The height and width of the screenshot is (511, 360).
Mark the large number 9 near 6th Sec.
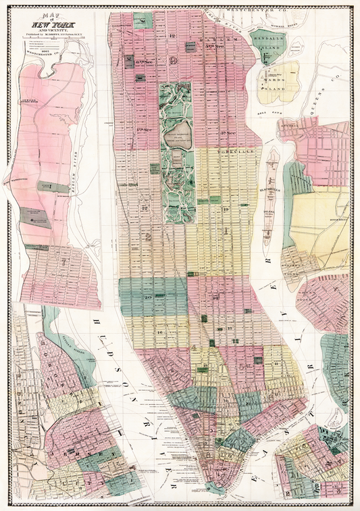pyautogui.click(x=174, y=60)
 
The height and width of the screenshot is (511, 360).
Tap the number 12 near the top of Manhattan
pyautogui.click(x=172, y=35)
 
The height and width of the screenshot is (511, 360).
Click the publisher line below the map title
pyautogui.click(x=56, y=32)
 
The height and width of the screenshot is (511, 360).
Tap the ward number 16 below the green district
pyautogui.click(x=161, y=333)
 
